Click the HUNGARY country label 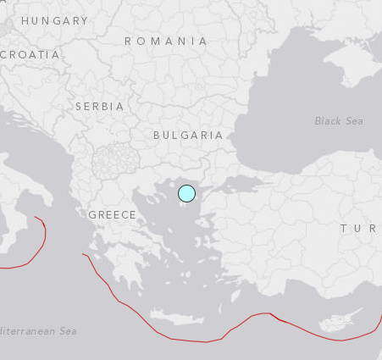tap(54, 20)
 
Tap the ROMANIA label tap(166, 41)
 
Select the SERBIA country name tap(99, 107)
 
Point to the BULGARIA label tap(188, 135)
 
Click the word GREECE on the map tap(112, 215)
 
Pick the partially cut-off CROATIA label tap(31, 54)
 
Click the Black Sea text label tap(339, 121)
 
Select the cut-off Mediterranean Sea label tap(38, 331)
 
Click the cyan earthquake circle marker tap(186, 194)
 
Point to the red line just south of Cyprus tap(339, 340)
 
